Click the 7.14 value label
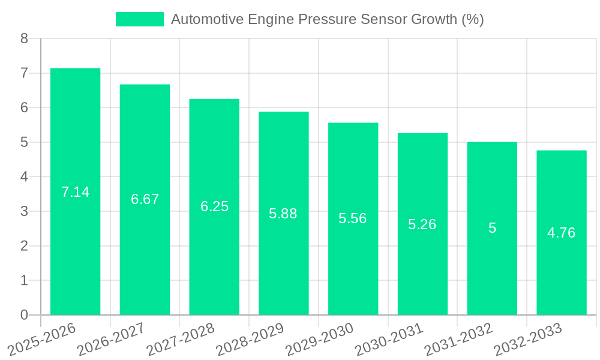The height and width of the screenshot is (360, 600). point(75,192)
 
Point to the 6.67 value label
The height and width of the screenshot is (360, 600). point(145,199)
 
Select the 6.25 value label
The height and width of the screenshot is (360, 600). point(214,206)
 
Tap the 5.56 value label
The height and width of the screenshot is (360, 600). point(353,218)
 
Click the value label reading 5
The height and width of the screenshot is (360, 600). point(492,228)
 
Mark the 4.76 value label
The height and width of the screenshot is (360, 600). point(561,233)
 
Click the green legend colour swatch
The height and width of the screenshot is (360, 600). point(139,19)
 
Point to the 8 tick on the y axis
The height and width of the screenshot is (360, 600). point(24,39)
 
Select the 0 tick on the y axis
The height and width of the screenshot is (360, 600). point(24,315)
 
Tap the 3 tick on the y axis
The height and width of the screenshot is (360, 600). point(24,211)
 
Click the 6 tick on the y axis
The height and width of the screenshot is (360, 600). point(24,108)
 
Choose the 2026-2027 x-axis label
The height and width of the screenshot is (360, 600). point(111,338)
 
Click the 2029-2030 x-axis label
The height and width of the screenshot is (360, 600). point(319,338)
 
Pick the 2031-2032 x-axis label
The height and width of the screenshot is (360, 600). point(458,338)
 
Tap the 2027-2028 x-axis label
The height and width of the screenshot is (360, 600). point(180,338)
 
